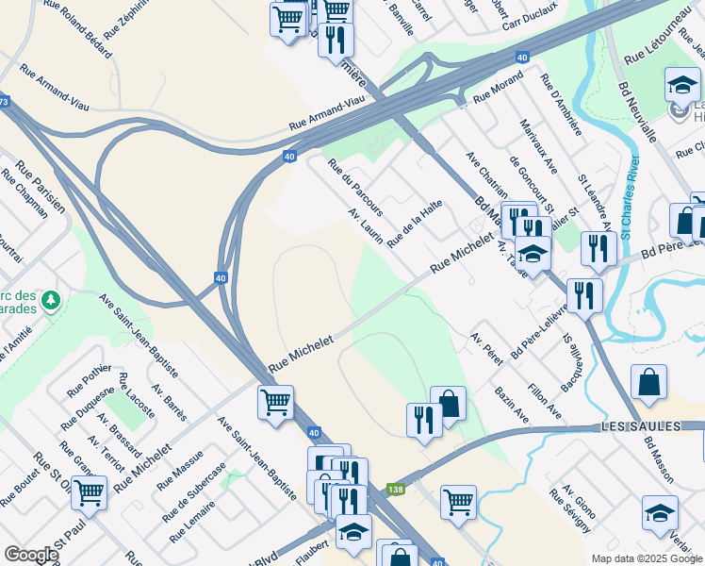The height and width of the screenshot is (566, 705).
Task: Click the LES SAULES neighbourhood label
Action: point(641,427)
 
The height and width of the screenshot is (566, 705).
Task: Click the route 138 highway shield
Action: point(396,490)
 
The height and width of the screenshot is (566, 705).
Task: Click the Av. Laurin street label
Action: point(366,227)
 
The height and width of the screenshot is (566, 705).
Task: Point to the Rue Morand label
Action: point(498,91)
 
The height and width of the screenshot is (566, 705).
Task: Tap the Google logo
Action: point(31,555)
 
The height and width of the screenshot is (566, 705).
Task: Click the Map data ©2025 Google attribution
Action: point(646,558)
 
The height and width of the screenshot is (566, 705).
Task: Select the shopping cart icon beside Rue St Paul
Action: point(89,491)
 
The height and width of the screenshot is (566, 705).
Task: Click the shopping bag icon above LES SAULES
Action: point(649,383)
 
